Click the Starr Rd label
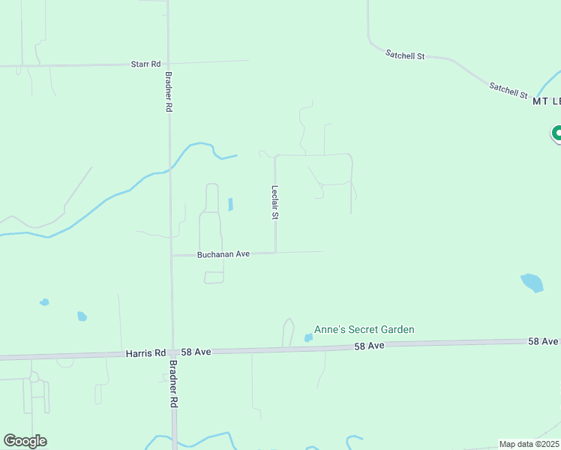point(146,64)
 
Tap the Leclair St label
point(275,202)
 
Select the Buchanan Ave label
point(223,254)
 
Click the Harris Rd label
point(145,352)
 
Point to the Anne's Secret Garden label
point(364,329)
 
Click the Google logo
point(25,441)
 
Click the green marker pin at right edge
point(557,133)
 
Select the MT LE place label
point(546,101)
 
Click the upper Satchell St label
point(405,55)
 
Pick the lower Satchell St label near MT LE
point(508,90)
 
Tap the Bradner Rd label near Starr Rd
point(169,91)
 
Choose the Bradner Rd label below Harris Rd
point(173,383)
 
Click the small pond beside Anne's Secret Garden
point(308,337)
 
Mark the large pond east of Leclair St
point(532,283)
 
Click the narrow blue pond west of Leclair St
point(230,204)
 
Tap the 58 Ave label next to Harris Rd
point(199,351)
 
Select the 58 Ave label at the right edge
point(543,341)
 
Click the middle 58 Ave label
point(370,346)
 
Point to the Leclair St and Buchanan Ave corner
point(275,253)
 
